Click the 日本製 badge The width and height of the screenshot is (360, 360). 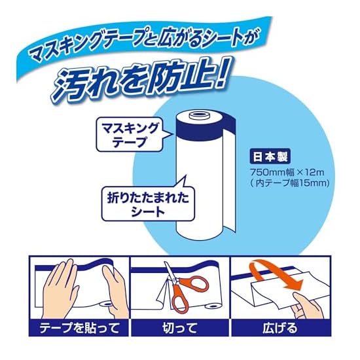(270, 157)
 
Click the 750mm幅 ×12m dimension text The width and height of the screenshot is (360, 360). (287, 172)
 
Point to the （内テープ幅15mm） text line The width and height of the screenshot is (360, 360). (289, 183)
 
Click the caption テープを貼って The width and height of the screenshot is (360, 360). (79, 328)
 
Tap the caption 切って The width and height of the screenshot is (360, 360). (180, 328)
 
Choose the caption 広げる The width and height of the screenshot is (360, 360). (280, 328)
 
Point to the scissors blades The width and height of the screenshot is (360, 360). (170, 273)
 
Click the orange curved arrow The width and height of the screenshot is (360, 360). (276, 275)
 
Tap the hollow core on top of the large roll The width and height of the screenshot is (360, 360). (200, 115)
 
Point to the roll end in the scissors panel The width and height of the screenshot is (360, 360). (212, 306)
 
